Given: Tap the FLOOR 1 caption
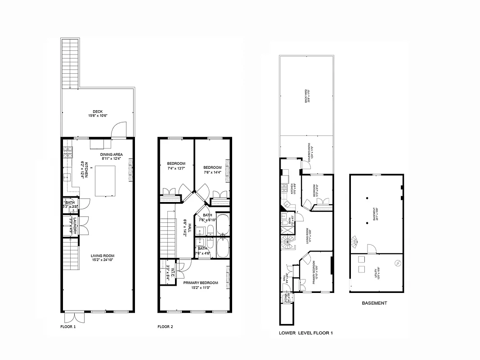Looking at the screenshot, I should tap(68, 327).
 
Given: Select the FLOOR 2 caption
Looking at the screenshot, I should tap(165, 327).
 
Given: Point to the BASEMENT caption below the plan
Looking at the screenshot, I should tap(374, 303).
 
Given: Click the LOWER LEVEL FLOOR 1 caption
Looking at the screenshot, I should tap(305, 333).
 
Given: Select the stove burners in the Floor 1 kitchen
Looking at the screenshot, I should tap(68, 152).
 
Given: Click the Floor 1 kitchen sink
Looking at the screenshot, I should tap(69, 178).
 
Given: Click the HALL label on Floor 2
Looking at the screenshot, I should tap(189, 228).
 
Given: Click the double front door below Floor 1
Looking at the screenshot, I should tap(73, 317).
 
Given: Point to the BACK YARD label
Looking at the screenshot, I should tap(307, 95).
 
